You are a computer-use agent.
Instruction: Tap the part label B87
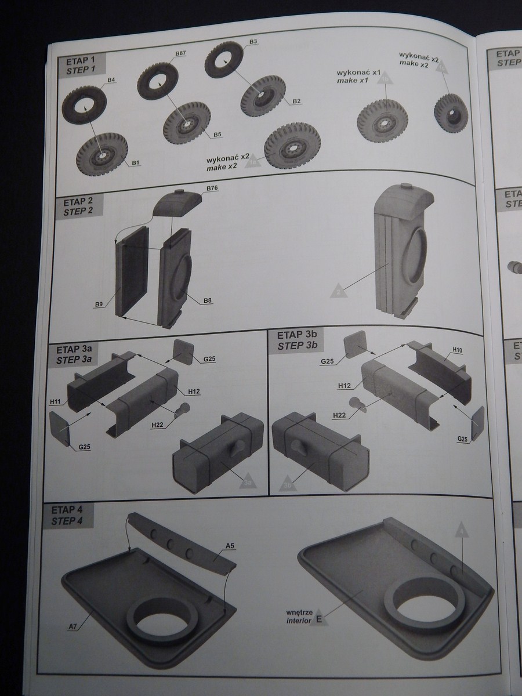coord(180,53)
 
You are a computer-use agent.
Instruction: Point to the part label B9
coord(99,303)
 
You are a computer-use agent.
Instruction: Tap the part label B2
coord(296,101)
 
